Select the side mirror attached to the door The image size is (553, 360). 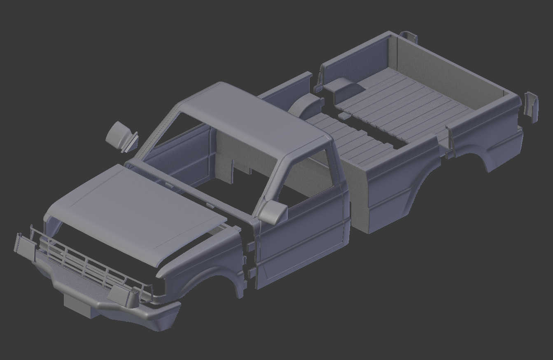273,212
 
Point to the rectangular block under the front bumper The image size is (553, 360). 80,304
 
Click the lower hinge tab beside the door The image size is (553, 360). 251,272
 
